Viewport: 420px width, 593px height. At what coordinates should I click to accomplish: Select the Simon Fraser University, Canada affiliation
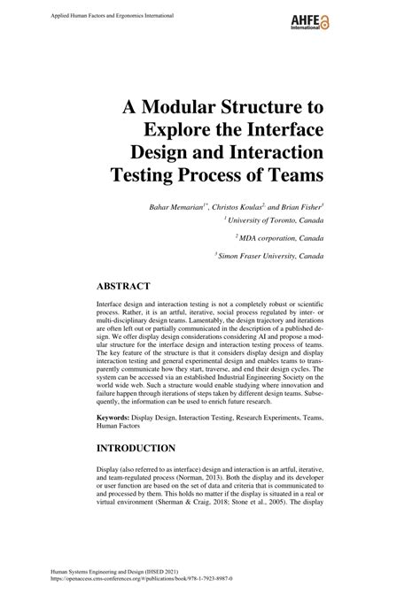(270, 254)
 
